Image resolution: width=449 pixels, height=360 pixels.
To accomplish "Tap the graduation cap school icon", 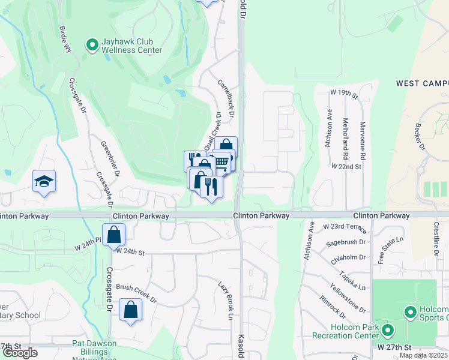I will [44, 181].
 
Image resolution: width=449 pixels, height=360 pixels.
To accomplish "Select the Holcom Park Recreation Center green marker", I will [388, 329].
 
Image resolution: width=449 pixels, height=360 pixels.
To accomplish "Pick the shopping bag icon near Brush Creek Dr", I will [130, 310].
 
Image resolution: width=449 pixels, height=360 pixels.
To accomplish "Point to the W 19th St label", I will [344, 94].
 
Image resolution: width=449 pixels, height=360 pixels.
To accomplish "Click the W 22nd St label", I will [346, 166].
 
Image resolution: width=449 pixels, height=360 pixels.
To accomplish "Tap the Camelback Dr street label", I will [226, 98].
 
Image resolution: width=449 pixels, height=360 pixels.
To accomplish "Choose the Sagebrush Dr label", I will [346, 242].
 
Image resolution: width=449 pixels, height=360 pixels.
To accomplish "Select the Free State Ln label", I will [381, 250].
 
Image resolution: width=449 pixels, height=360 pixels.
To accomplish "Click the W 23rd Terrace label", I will [344, 227].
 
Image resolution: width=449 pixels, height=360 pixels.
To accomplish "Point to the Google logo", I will [20, 353].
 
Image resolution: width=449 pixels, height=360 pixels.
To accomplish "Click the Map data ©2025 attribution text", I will [423, 355].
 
